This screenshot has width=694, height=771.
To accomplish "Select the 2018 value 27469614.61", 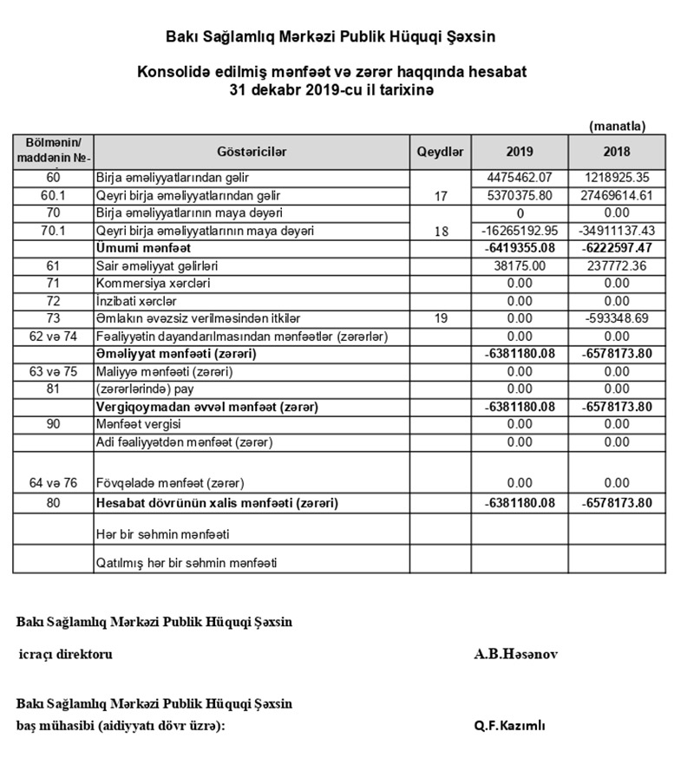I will pos(617,196).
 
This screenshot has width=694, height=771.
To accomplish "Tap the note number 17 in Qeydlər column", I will pos(441,196).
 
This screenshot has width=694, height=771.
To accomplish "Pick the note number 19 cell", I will pos(441,318).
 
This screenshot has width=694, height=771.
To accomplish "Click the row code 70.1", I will pos(53,231).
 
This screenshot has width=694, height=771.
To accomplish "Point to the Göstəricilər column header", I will pos(251,152).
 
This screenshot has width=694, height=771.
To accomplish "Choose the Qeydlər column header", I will pos(441,152).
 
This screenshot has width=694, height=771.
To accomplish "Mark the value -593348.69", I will pos(617,318).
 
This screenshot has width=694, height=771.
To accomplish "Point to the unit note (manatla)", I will pos(617,126).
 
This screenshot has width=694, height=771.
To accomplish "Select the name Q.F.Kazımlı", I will pos(510,726).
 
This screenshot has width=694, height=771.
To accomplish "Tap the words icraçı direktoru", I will pos(65,654).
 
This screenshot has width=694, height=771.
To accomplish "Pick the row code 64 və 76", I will pos(53,482).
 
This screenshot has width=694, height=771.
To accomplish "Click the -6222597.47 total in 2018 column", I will pos(617,248).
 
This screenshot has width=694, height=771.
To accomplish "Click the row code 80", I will pos(53,503).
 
